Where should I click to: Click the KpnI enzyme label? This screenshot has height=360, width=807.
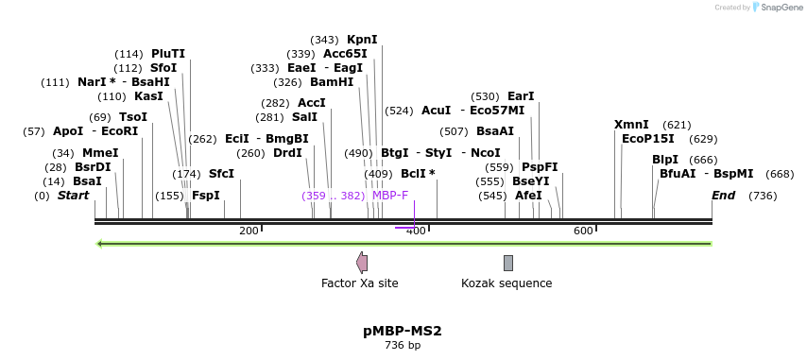pyautogui.click(x=362, y=40)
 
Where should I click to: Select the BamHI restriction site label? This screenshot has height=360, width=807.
pyautogui.click(x=332, y=82)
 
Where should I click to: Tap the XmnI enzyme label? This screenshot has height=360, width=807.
pyautogui.click(x=631, y=125)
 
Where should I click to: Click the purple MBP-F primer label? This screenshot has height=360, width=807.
pyautogui.click(x=390, y=196)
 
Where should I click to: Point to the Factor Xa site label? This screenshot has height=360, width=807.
pyautogui.click(x=360, y=283)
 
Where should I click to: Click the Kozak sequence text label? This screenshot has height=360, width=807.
pyautogui.click(x=507, y=283)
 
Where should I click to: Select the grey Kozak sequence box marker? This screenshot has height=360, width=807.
pyautogui.click(x=508, y=263)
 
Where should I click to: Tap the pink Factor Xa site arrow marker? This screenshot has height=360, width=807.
pyautogui.click(x=361, y=263)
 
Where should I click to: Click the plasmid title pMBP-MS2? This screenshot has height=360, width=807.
pyautogui.click(x=403, y=332)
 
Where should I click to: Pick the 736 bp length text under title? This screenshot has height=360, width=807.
pyautogui.click(x=403, y=346)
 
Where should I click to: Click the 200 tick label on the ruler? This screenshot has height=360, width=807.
pyautogui.click(x=249, y=231)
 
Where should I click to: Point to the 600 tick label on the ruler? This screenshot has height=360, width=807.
pyautogui.click(x=583, y=231)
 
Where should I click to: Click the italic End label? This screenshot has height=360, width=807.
pyautogui.click(x=724, y=196)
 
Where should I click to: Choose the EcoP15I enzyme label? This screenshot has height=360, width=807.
pyautogui.click(x=648, y=139)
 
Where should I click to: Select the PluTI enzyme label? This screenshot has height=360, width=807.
pyautogui.click(x=168, y=54)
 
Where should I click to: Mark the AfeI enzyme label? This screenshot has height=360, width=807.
pyautogui.click(x=529, y=196)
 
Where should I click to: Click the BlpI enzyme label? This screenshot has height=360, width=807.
pyautogui.click(x=665, y=160)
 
